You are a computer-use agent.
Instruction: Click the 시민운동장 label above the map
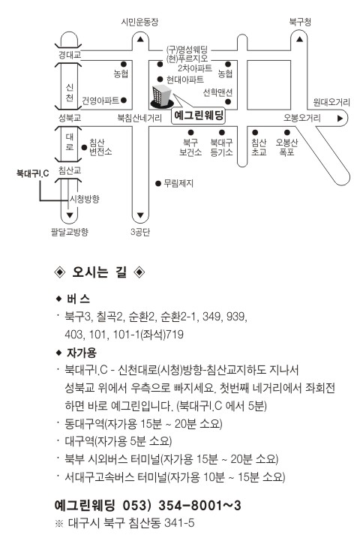[139, 22]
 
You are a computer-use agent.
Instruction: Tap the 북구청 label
[300, 22]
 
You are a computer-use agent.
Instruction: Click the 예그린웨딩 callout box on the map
[199, 116]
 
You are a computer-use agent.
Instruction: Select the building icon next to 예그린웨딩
[162, 96]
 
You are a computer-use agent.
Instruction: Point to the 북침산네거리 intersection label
[139, 119]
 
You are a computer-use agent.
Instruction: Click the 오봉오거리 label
[301, 119]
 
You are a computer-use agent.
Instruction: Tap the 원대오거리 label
[331, 102]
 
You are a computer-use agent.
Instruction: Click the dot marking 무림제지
[158, 184]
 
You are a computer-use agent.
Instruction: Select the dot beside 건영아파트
[124, 101]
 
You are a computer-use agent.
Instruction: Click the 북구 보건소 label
[190, 147]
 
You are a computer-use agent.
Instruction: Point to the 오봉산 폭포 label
[286, 147]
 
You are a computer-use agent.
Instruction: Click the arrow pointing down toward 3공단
[140, 215]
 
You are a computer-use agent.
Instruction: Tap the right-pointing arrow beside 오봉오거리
[340, 119]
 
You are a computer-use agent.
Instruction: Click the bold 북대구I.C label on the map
[33, 173]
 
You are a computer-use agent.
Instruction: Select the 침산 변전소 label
[100, 147]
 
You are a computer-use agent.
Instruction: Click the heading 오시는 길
[100, 272]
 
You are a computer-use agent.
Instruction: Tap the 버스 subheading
[78, 299]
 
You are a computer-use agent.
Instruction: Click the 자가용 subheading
[81, 353]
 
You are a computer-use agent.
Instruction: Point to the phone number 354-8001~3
[199, 506]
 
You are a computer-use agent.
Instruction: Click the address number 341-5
[179, 523]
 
